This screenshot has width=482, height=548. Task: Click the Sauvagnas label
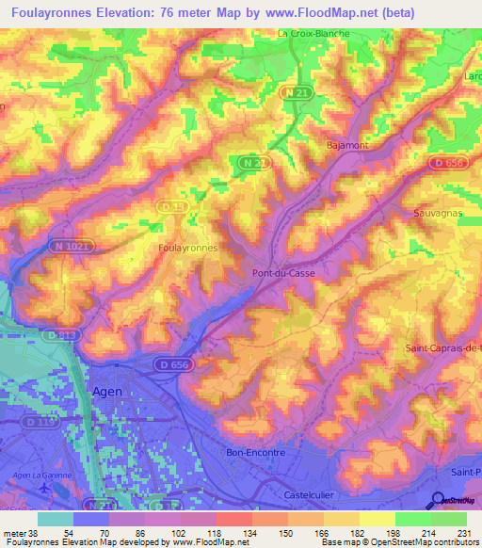(438, 214)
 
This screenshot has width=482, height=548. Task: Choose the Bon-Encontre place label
(256, 453)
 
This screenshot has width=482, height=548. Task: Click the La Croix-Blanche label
(313, 33)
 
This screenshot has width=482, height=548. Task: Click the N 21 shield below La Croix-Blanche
(294, 92)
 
